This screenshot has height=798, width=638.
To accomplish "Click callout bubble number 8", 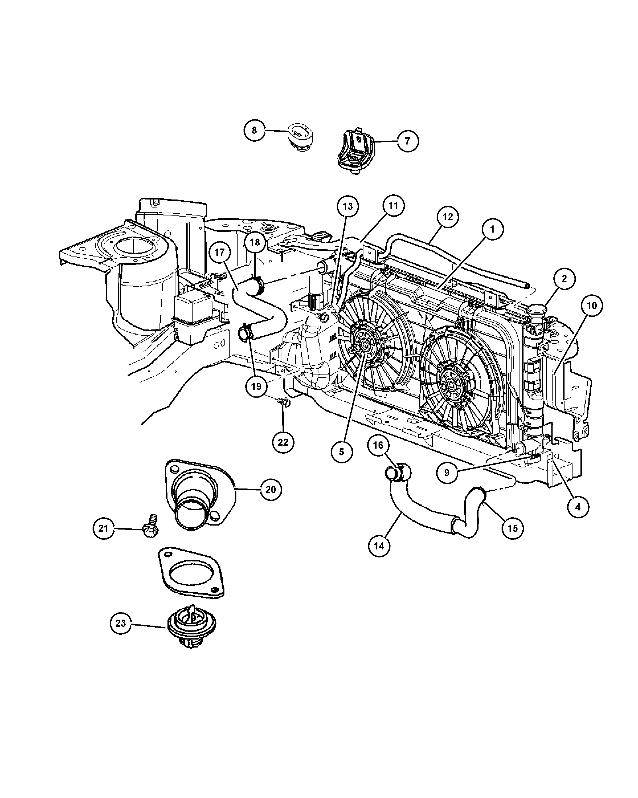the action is click(x=254, y=130).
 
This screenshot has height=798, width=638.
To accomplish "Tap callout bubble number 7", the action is click(x=408, y=141).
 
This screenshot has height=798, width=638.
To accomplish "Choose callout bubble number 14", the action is click(x=379, y=546).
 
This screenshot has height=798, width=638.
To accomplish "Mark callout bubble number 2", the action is click(x=564, y=279).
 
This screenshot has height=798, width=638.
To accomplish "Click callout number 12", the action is click(x=447, y=217).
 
